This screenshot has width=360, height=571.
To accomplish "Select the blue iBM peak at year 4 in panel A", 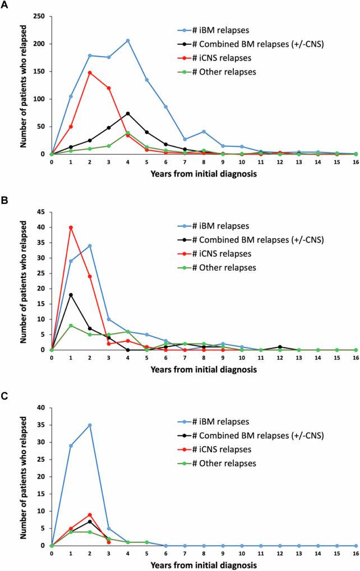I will [128, 40].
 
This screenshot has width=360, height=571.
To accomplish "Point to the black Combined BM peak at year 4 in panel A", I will [128, 113].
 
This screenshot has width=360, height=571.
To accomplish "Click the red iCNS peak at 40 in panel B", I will [71, 228].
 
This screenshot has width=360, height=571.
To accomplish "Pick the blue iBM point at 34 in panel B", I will [90, 246].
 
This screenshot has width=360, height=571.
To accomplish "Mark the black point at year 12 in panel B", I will [280, 347].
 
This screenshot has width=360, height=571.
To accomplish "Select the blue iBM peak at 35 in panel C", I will [90, 425].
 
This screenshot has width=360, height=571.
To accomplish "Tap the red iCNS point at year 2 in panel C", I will [90, 514].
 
